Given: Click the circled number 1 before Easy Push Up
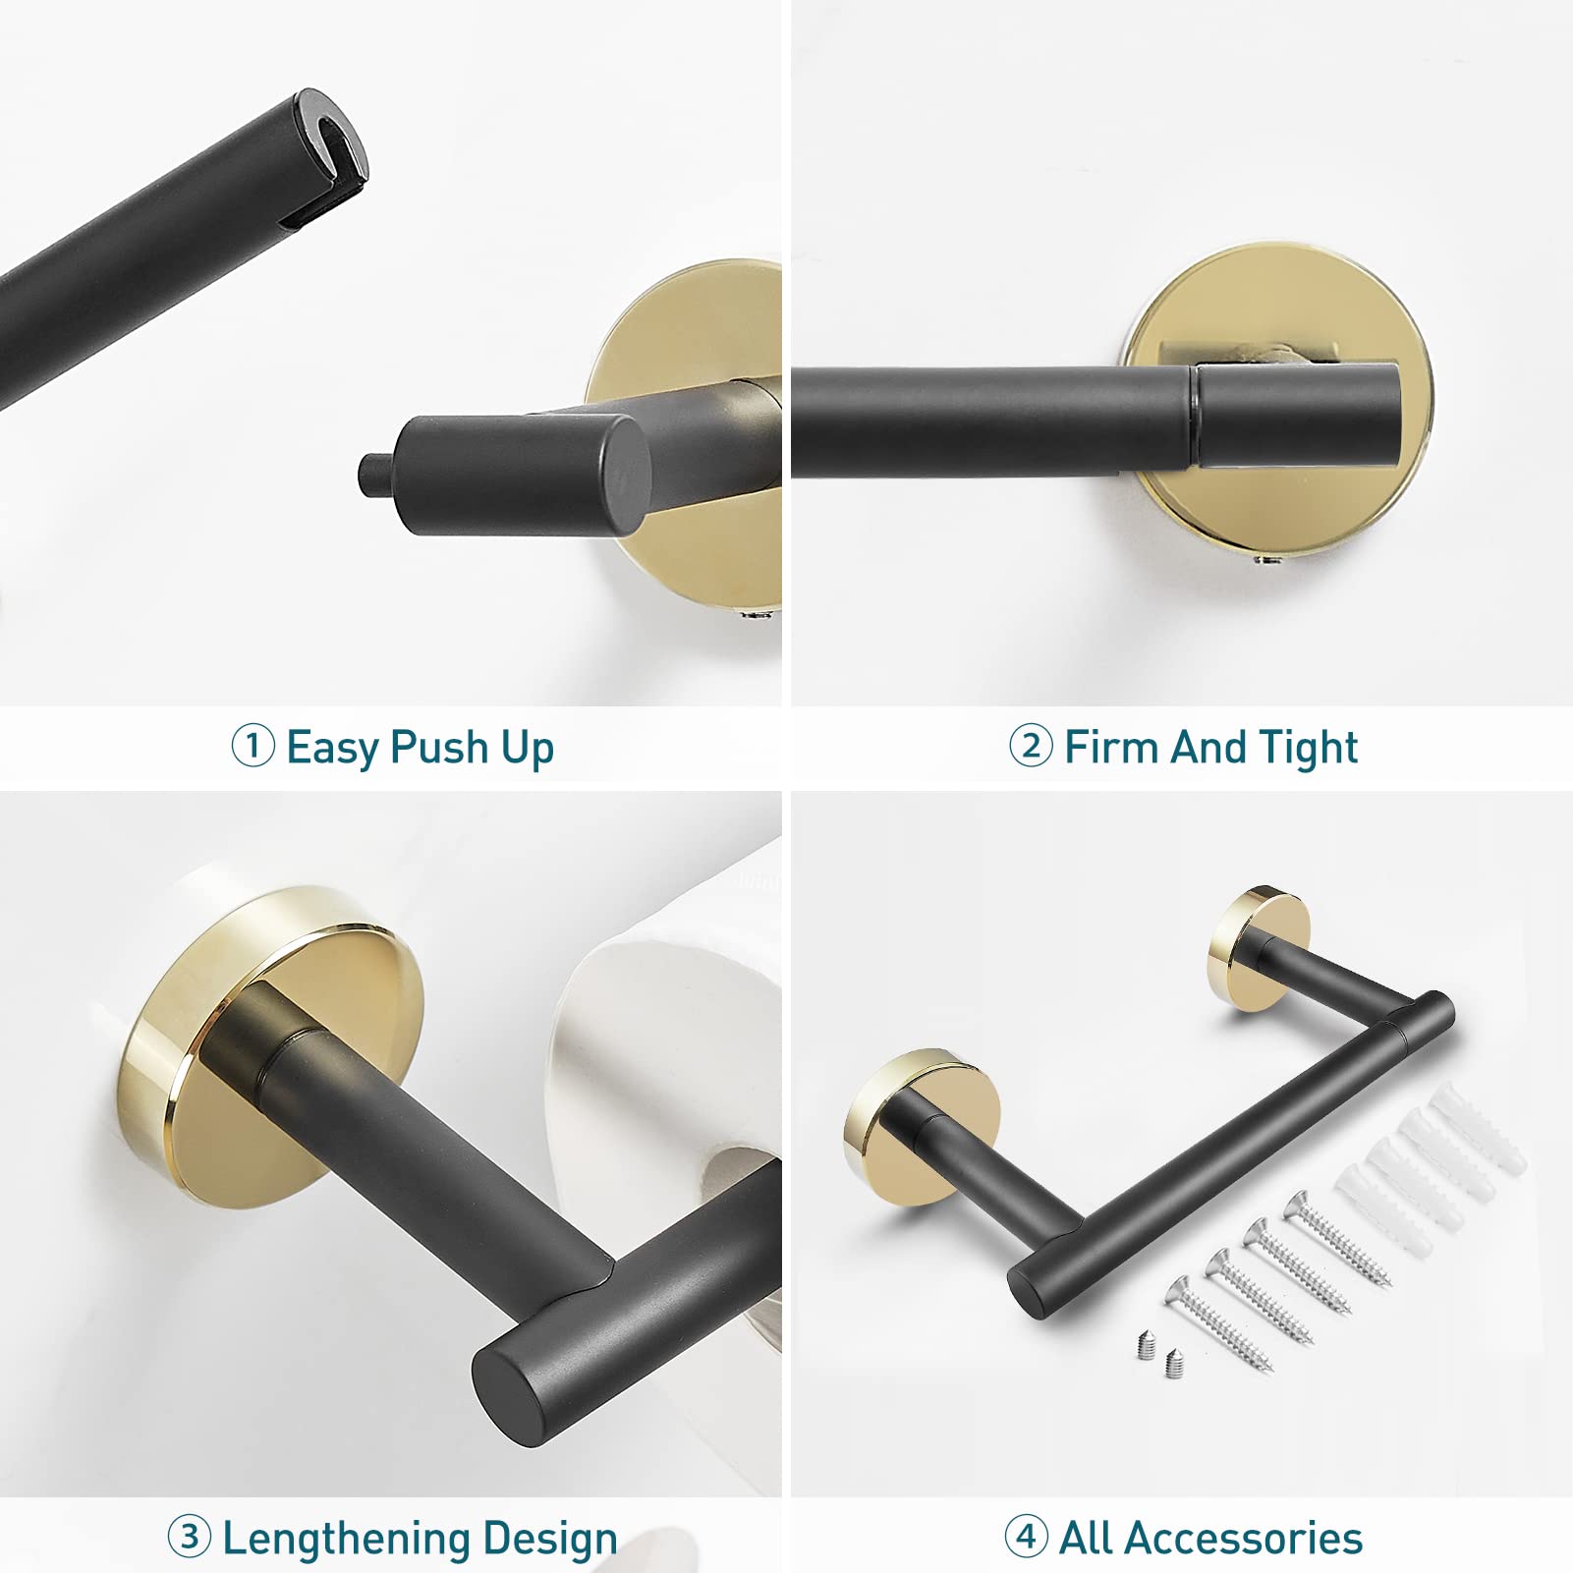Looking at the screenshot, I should pos(253,746).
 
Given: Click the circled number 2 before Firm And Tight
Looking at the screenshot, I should pos(1031,746).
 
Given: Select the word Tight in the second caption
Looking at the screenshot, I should pos(1308,748).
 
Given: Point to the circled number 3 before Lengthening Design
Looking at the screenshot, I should pos(189,1535).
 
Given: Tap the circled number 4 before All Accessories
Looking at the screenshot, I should pos(1026,1535).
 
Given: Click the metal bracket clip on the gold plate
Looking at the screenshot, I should pos(1249,352).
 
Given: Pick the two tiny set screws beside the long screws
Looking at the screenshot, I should pos(1158,1352).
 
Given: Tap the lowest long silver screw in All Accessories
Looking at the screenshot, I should pos(1218,1322).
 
